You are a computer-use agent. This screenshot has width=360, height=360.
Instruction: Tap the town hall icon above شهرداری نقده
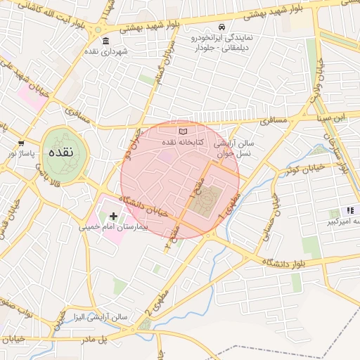[x=105, y=40]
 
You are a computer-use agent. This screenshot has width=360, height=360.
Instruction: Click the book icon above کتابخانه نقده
[x=184, y=131]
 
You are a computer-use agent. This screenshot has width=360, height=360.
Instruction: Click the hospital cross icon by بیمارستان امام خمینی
[x=113, y=216]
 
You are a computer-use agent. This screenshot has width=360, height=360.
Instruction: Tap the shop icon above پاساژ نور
[x=20, y=143]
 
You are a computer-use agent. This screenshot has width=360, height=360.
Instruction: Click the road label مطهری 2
[x=155, y=300]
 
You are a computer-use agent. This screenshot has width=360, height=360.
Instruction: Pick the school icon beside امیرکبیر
[x=349, y=211]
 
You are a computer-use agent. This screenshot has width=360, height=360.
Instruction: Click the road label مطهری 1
[x=231, y=205]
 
